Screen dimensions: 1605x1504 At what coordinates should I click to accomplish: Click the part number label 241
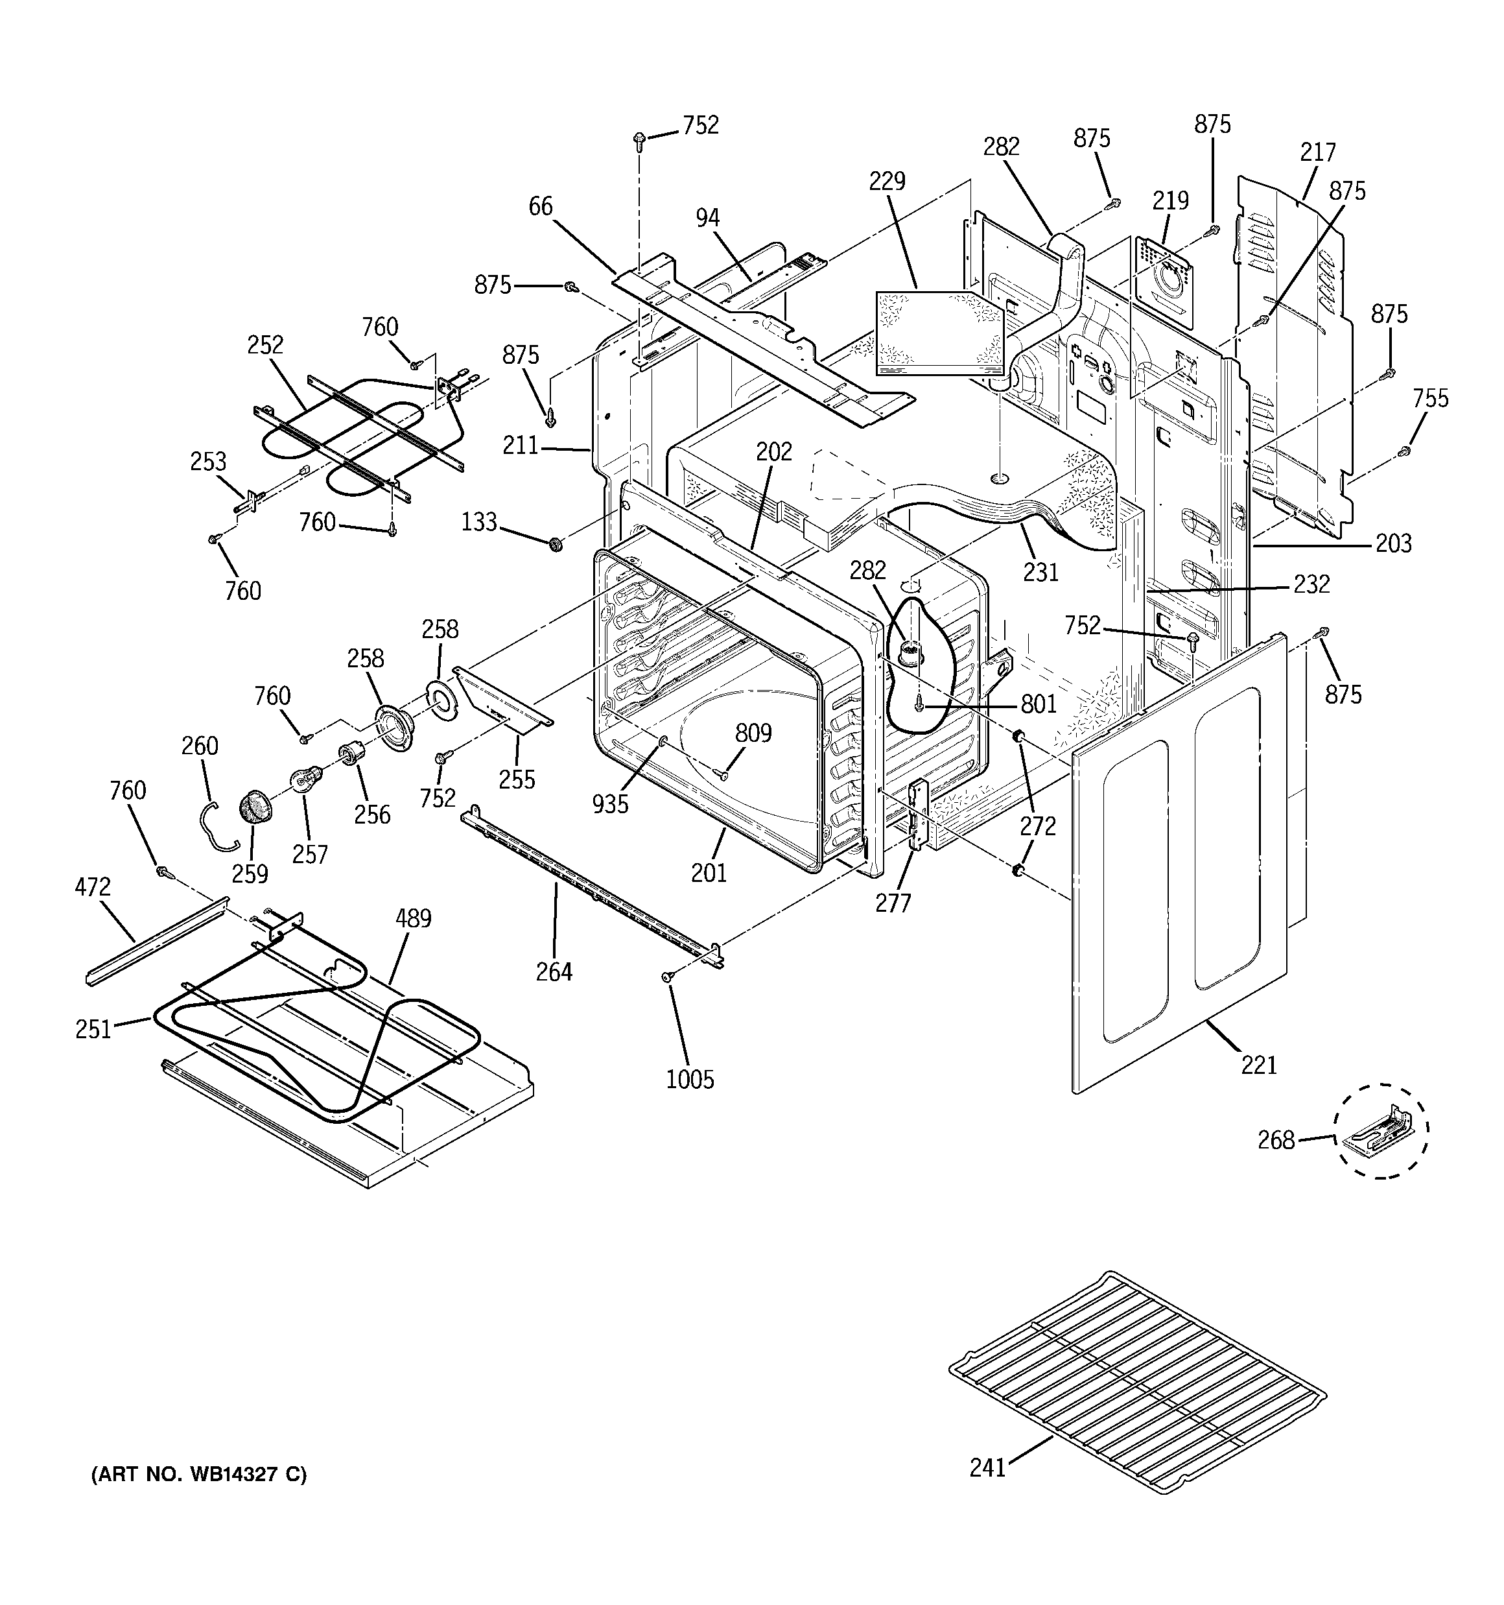pos(987,1467)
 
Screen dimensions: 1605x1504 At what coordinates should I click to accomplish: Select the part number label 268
pos(1276,1140)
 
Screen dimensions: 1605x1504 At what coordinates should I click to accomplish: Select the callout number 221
pos(1258,1065)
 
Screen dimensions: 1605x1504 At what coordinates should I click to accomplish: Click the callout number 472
pos(92,886)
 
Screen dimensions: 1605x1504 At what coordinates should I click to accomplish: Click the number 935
pos(609,804)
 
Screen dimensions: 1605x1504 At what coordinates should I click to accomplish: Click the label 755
pos(1429,398)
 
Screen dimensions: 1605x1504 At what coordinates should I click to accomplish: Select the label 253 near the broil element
pos(207,461)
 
